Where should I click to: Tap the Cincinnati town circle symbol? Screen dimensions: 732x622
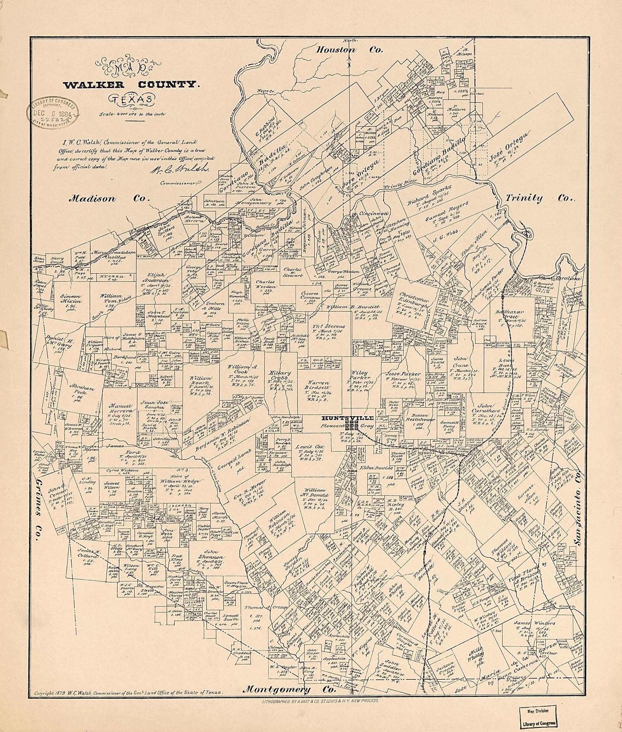point(355,215)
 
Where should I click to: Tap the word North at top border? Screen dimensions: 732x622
point(348,41)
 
